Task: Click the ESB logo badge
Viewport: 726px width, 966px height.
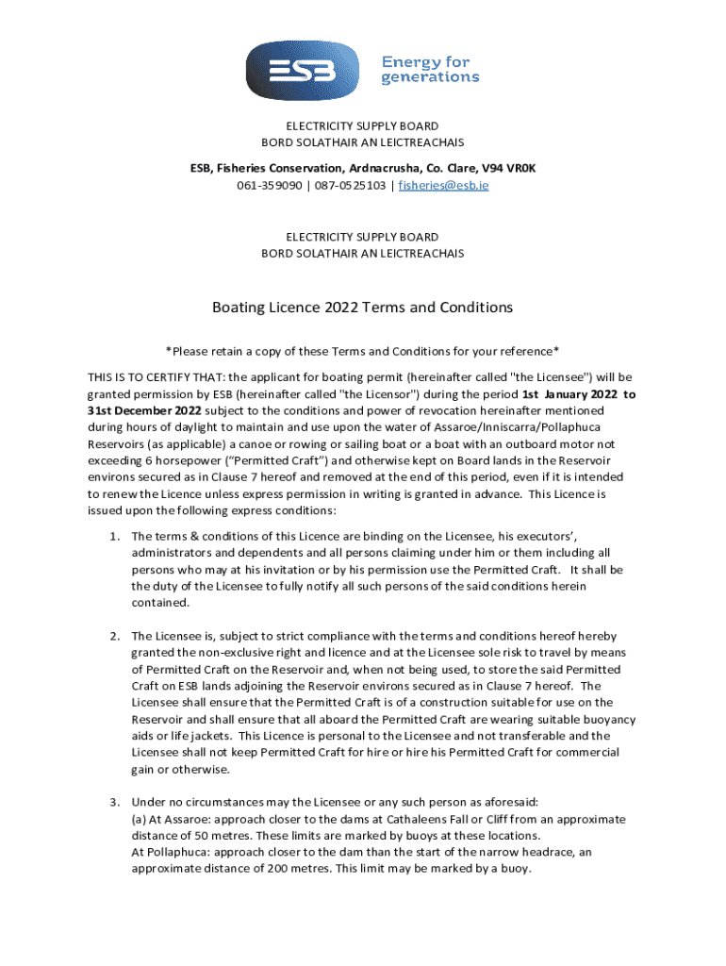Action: pos(304,70)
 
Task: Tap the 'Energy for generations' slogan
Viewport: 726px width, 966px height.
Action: pos(430,70)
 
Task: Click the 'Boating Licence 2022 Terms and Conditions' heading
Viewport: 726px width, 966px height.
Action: pos(362,308)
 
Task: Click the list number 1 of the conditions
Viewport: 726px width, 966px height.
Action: pos(113,536)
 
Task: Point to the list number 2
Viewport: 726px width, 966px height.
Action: pos(113,636)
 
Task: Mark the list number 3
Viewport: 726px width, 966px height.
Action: pos(113,803)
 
